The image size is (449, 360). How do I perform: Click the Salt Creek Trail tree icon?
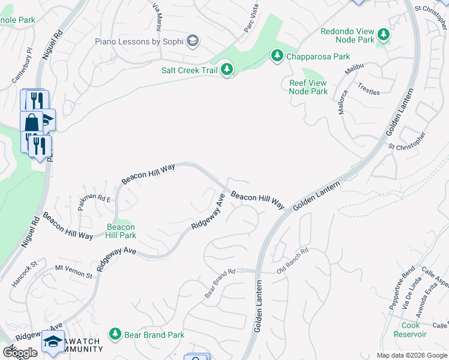(x=227, y=70)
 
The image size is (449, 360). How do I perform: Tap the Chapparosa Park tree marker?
(x=277, y=56)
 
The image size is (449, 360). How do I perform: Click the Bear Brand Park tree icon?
(x=115, y=333)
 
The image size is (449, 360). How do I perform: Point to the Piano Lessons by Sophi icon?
(x=193, y=41)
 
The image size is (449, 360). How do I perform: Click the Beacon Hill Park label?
(x=121, y=231)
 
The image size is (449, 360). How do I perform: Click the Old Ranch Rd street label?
(x=292, y=262)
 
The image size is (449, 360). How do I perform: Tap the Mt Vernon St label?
(x=74, y=271)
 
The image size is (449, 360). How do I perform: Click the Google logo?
(x=20, y=353)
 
